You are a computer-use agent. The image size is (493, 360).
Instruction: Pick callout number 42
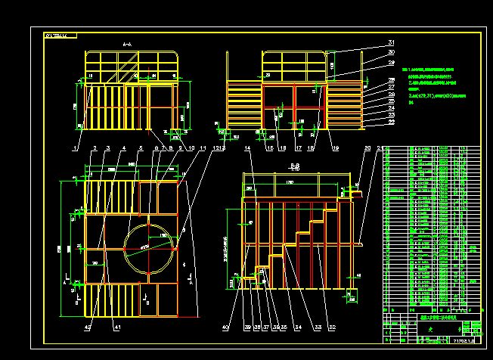click(87, 327)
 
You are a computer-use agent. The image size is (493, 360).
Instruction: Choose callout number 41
click(117, 327)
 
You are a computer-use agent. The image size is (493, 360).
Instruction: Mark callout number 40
click(225, 327)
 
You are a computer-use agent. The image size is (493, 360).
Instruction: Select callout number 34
click(297, 327)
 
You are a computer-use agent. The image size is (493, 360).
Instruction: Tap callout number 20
click(367, 148)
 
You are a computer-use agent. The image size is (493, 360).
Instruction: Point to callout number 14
click(248, 148)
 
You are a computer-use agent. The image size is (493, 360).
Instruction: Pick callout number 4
click(123, 148)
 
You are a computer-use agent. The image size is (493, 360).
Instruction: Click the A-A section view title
click(127, 46)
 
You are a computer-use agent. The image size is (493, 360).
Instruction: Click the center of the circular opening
click(148, 247)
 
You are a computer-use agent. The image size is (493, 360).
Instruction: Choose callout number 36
click(274, 327)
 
